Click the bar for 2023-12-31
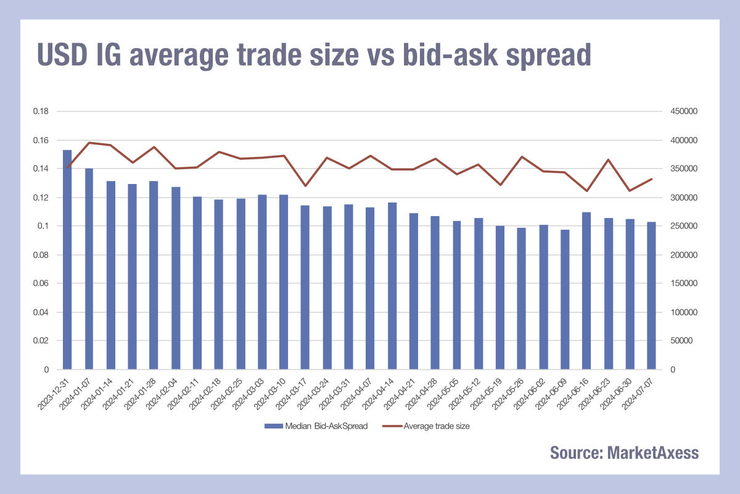67,259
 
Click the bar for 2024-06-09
565,299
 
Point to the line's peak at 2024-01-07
89,143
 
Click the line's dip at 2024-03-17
305,186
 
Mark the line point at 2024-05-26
522,157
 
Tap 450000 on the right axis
684,112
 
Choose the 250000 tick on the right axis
684,226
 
